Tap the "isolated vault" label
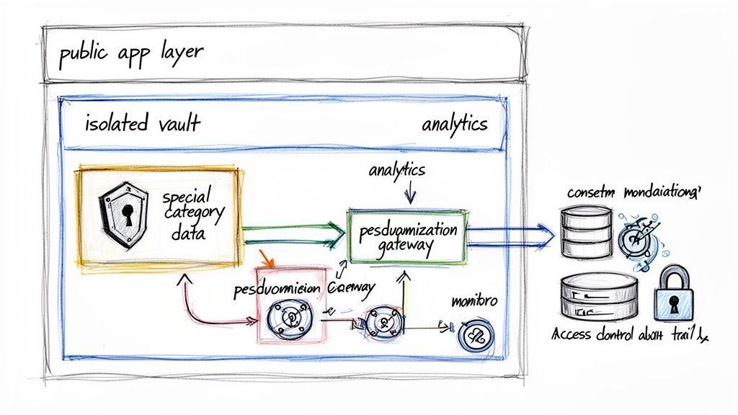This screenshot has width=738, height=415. pyautogui.click(x=143, y=124)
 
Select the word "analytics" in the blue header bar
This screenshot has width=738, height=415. pyautogui.click(x=454, y=124)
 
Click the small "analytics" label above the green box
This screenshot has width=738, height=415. pyautogui.click(x=396, y=171)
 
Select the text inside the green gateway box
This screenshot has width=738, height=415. pyautogui.click(x=407, y=238)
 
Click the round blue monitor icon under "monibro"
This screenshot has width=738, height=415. pyautogui.click(x=476, y=334)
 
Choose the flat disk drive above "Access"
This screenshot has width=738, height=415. pyautogui.click(x=598, y=295)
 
